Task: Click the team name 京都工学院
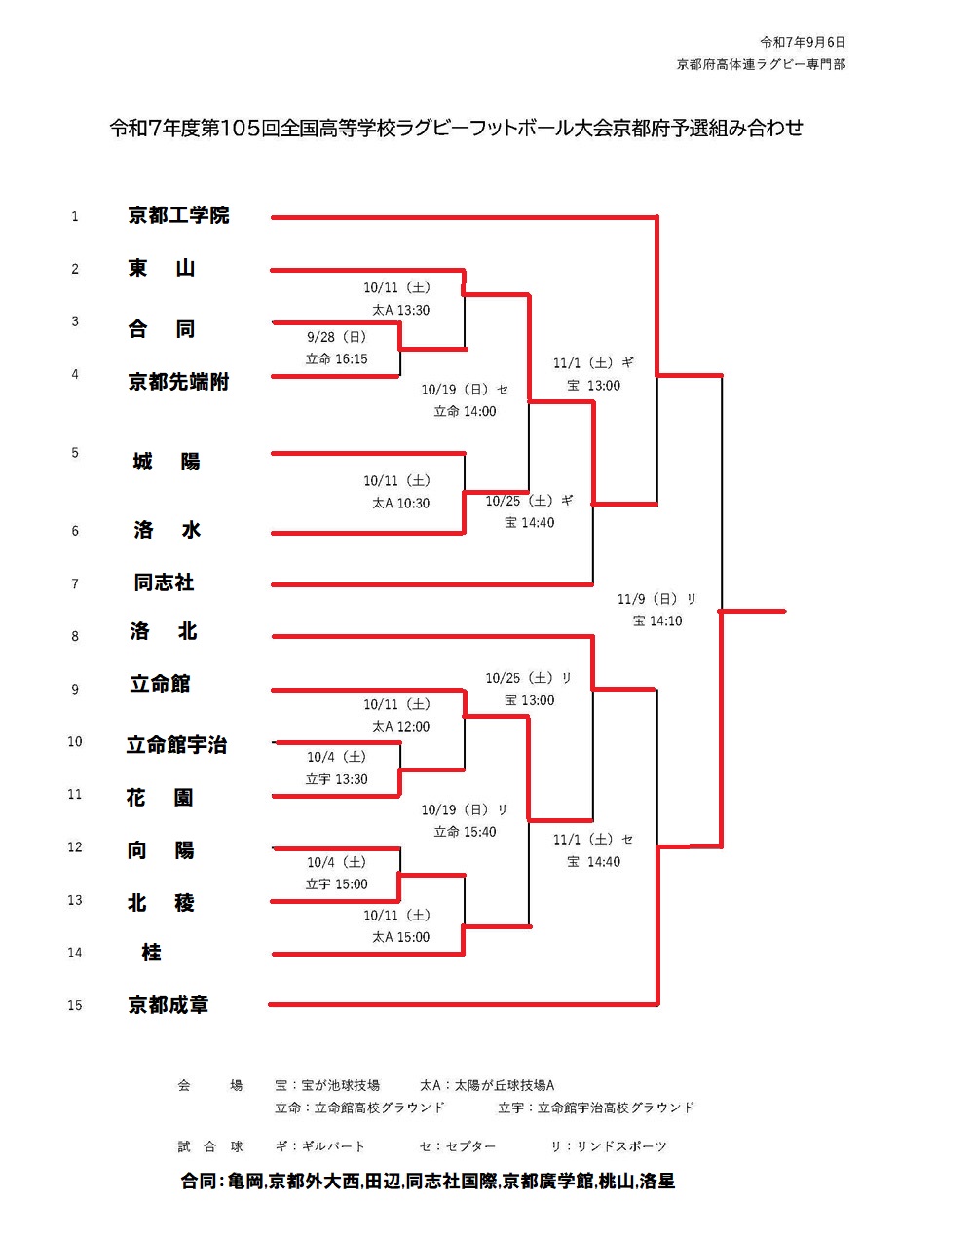point(178,215)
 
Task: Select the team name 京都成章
point(169,1004)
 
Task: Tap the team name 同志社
point(164,582)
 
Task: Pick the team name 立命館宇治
point(176,745)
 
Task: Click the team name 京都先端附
point(178,382)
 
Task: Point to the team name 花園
point(160,798)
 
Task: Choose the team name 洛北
point(164,632)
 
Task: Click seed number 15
point(75,1005)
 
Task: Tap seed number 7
point(75,583)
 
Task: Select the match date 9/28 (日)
point(336,337)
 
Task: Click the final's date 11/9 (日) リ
point(657,599)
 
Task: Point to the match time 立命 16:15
point(336,359)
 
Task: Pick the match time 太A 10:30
point(400,503)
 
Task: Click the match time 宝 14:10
point(657,620)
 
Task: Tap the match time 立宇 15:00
point(336,884)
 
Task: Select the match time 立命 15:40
point(465,832)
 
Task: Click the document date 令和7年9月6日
point(803,42)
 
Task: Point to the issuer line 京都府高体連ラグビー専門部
point(761,64)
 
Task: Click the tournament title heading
point(456,128)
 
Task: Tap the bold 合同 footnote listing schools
point(428,1181)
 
